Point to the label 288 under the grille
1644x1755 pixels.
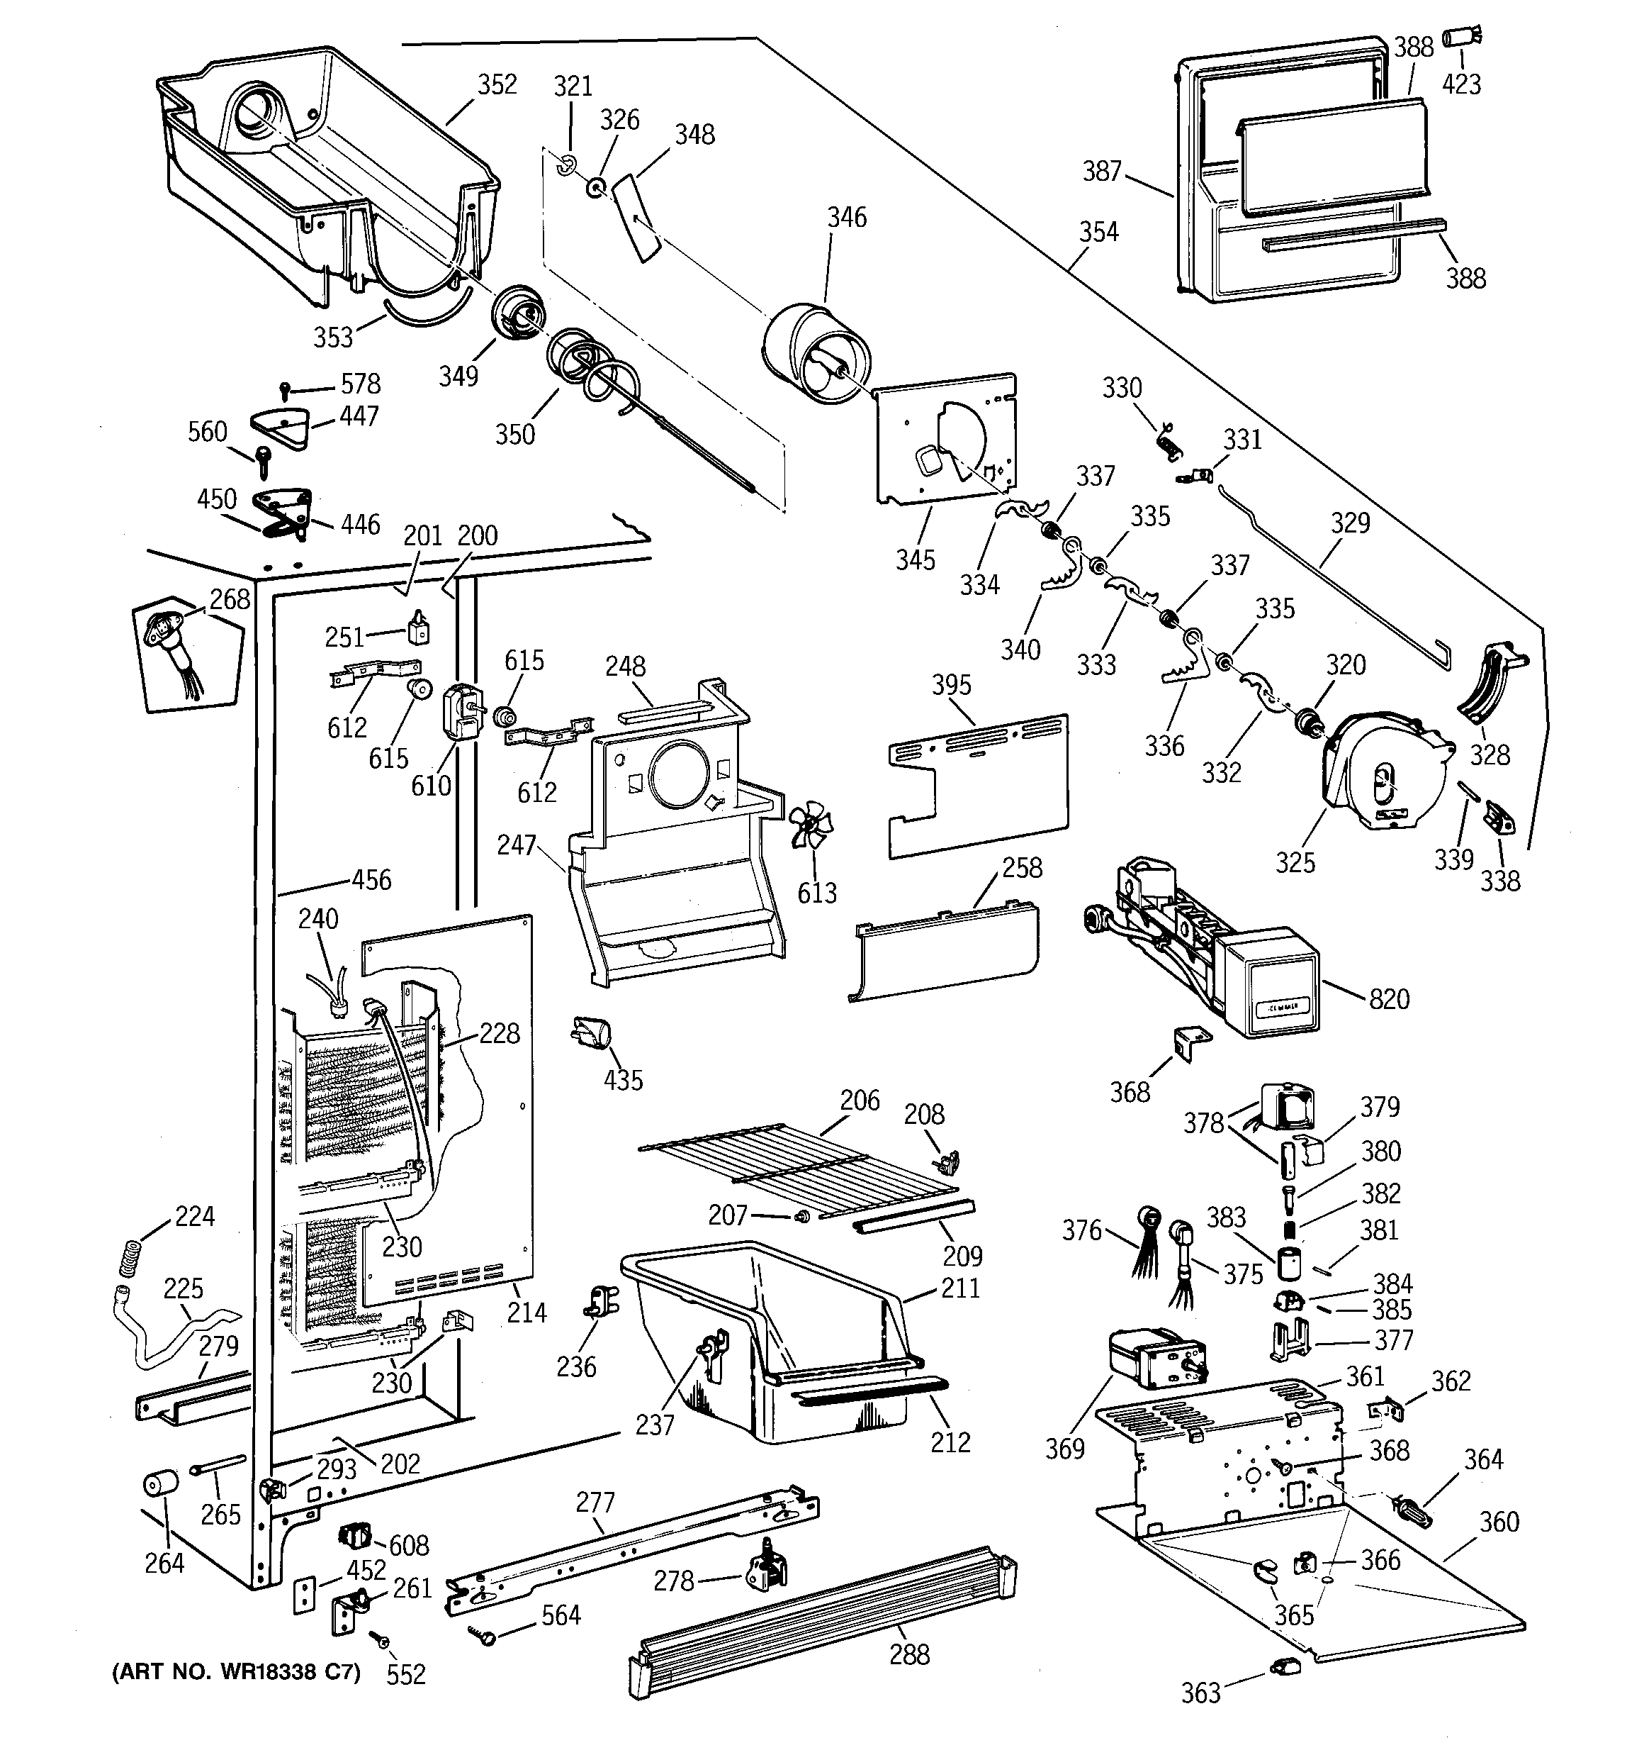pyautogui.click(x=910, y=1654)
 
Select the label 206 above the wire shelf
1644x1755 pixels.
pyautogui.click(x=860, y=1100)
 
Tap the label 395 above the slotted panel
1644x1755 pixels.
pyautogui.click(x=951, y=685)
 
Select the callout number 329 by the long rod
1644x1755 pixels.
pyautogui.click(x=1350, y=523)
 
